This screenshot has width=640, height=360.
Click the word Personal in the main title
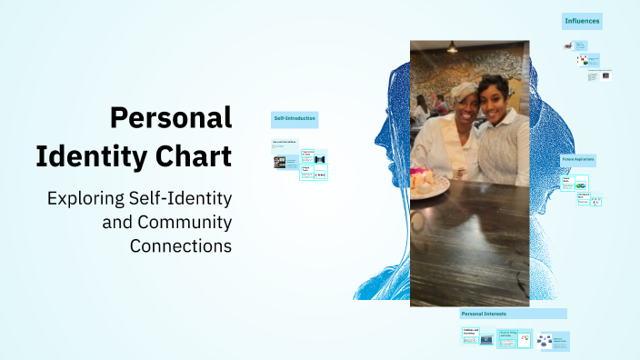170,118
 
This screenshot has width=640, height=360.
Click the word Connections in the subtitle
180,245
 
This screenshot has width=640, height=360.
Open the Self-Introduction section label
295,118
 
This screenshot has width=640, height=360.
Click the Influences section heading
582,20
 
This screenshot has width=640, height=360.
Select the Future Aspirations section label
578,158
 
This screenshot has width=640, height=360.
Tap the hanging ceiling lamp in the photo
452,46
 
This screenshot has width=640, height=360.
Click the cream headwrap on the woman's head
465,89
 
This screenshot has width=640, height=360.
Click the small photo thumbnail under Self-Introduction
280,162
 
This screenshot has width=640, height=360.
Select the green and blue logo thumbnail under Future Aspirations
581,185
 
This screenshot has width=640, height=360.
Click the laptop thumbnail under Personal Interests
485,341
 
